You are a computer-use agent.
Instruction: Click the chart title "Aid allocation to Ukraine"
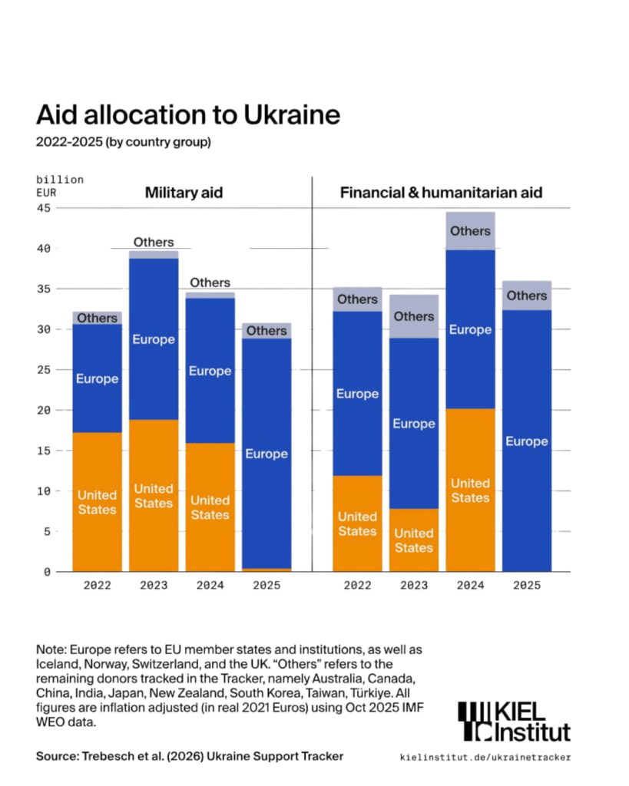click(x=188, y=114)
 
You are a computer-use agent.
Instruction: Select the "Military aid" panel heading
click(x=184, y=193)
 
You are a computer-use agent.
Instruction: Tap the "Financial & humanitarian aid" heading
click(x=441, y=193)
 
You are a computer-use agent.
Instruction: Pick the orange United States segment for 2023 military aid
click(x=154, y=496)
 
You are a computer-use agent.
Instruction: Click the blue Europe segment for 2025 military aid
click(x=266, y=454)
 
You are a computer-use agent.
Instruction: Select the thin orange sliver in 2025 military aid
click(x=266, y=570)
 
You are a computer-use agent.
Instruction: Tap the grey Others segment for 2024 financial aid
click(x=470, y=230)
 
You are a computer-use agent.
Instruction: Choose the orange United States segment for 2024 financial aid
click(x=470, y=490)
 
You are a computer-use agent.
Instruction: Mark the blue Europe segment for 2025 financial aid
click(x=527, y=441)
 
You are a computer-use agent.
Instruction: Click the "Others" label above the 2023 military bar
click(x=154, y=243)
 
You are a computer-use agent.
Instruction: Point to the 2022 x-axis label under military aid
click(x=97, y=585)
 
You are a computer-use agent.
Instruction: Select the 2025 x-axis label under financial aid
click(x=527, y=585)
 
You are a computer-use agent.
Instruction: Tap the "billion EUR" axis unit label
click(x=60, y=187)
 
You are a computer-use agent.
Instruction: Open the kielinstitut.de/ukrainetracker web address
click(x=485, y=758)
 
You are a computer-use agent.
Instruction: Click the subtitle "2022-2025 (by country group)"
click(x=124, y=142)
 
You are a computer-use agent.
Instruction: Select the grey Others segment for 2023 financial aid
click(x=414, y=316)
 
